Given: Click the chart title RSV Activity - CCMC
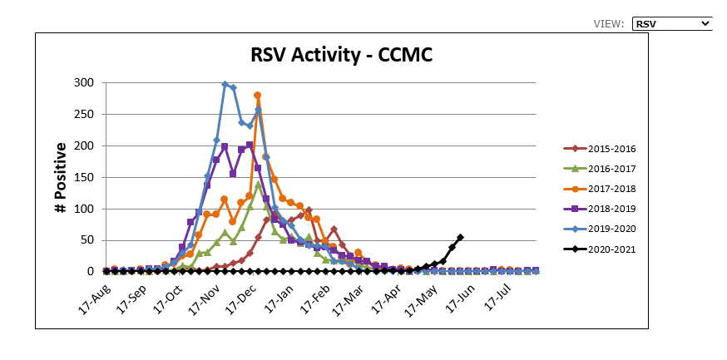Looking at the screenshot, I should coord(342,55).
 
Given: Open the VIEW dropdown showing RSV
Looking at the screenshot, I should coord(671,24).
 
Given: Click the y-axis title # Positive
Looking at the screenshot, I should coord(61,177).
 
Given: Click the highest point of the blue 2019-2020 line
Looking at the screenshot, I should coord(225,84).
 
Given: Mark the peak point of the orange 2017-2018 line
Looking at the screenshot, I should coord(258,96).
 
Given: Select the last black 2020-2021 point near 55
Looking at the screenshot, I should coord(461,237).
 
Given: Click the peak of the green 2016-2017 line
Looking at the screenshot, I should coord(259,185).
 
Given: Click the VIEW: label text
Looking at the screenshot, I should coord(608,24).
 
